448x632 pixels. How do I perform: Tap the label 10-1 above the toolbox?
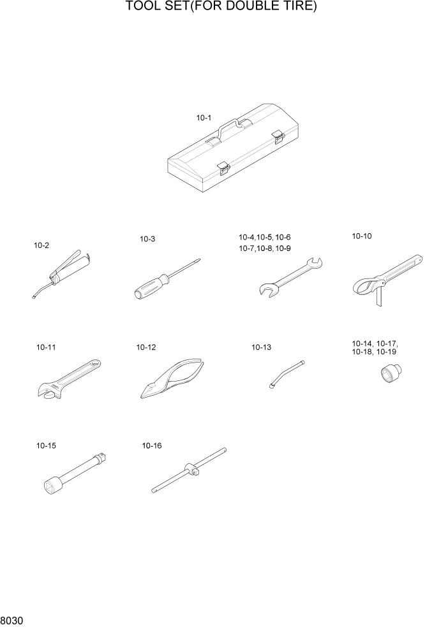pos(204,118)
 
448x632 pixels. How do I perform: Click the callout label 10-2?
pos(41,245)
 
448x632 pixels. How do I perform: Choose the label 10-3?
pos(147,239)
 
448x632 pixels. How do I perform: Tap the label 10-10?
pos(362,236)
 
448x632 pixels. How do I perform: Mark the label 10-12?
pos(146,347)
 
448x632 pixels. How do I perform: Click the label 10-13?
pos(262,347)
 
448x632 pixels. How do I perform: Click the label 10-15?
pos(47,446)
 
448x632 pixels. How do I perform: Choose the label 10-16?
pos(152,446)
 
